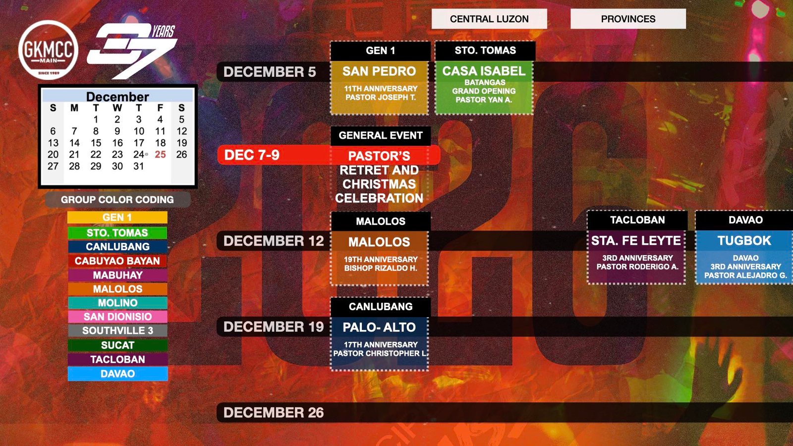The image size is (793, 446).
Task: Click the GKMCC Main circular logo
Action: pos(48,50)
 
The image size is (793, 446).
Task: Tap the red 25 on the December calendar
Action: pos(160,154)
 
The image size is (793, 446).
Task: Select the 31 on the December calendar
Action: pos(138,166)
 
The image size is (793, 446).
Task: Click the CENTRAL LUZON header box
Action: pos(489,19)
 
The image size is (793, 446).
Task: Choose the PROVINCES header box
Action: pos(628,19)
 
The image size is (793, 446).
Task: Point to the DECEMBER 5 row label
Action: pos(270,72)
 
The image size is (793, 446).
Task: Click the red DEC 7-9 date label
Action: pos(252,155)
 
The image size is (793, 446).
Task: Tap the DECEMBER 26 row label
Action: pos(274,412)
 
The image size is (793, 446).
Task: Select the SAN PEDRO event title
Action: pos(379,71)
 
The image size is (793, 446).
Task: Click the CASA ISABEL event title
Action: pos(484,71)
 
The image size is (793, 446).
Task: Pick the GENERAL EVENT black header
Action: pos(381,136)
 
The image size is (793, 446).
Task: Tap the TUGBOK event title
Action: pos(744,241)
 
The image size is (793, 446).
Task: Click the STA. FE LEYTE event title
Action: pos(636,241)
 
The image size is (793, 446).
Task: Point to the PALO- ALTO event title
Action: pos(379,327)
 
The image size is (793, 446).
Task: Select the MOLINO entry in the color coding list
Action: pos(117,303)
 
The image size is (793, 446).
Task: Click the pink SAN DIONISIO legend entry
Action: pos(117,317)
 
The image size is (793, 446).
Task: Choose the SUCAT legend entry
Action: pos(117,345)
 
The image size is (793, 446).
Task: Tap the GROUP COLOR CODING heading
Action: pos(117,200)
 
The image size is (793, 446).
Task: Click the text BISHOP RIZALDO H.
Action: pos(381,268)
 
